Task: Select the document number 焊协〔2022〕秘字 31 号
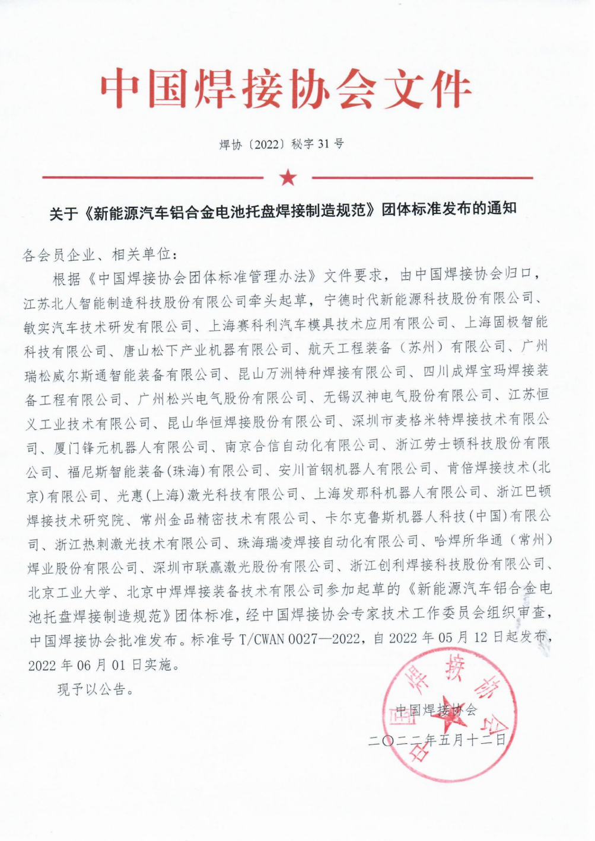281,144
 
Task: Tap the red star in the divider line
288,177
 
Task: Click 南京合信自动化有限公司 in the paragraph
301,445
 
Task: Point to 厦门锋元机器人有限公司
131,447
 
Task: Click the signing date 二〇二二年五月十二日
437,740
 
